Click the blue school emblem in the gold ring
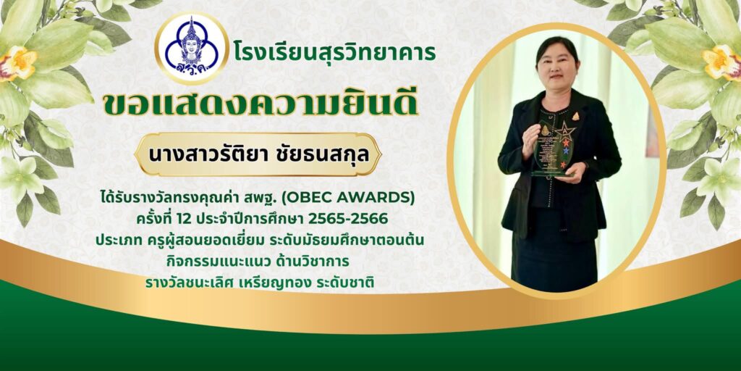click(x=191, y=48)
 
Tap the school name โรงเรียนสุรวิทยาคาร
click(x=334, y=51)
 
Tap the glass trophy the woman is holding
click(x=553, y=148)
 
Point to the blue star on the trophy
click(x=566, y=151)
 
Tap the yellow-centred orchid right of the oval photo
click(x=721, y=62)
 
